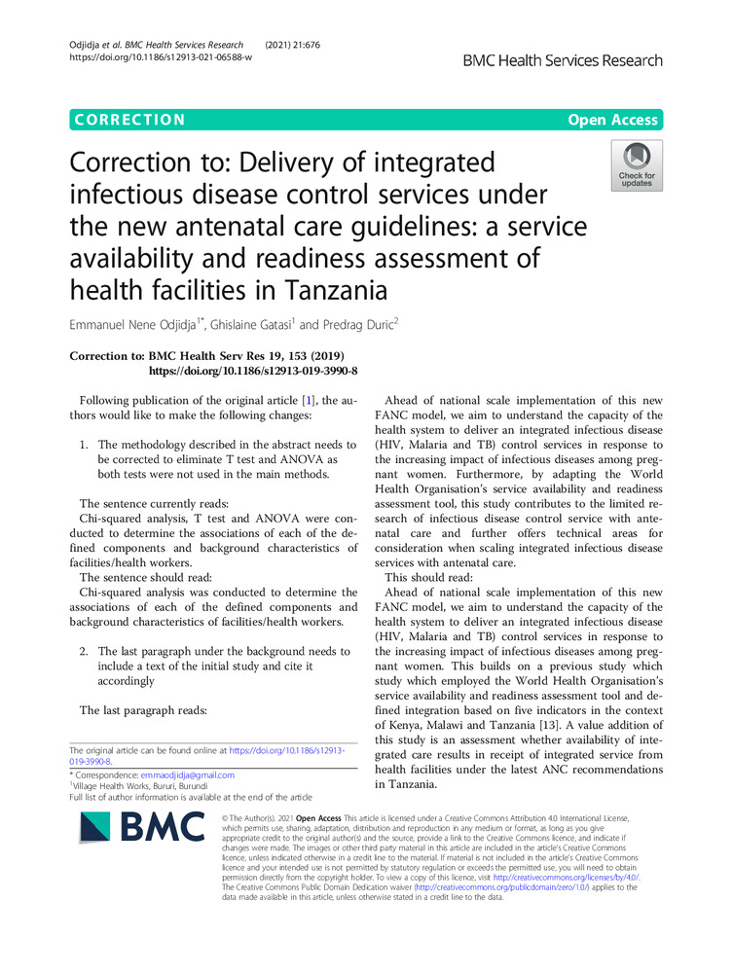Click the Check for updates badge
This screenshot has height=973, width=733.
point(637,165)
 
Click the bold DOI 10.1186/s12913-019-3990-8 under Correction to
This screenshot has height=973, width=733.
point(252,372)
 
